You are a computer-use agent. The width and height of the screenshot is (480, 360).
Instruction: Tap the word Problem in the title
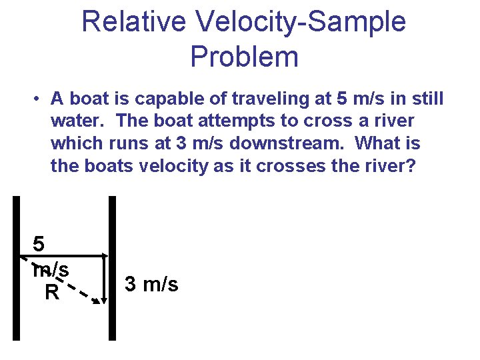[244, 57]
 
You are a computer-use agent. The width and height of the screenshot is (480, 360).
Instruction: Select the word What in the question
[378, 143]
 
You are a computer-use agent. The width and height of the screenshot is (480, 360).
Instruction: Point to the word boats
[109, 165]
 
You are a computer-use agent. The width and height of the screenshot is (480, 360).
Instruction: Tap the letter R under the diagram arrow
[51, 292]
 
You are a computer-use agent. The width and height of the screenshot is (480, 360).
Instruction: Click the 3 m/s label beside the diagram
[151, 284]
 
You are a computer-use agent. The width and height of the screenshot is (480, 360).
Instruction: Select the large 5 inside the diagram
[40, 244]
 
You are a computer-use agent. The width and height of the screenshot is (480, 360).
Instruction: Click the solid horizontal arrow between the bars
[73, 255]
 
